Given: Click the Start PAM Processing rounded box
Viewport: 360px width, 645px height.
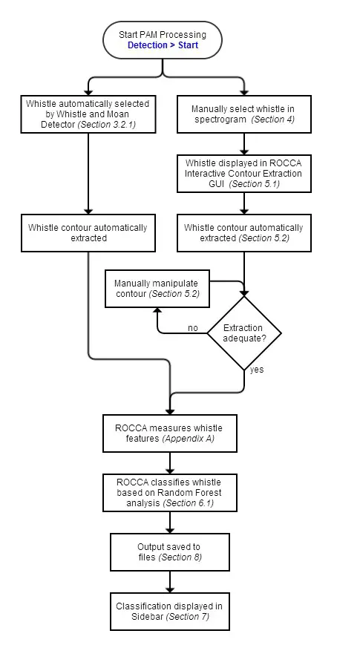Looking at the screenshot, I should pyautogui.click(x=163, y=40).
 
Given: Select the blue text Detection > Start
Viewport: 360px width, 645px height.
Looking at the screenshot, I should pyautogui.click(x=163, y=46).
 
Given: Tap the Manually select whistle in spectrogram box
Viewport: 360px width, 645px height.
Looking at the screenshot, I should pyautogui.click(x=244, y=114).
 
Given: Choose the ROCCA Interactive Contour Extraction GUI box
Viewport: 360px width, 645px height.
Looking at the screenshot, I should pyautogui.click(x=244, y=172).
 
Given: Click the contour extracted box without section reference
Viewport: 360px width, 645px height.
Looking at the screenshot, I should pyautogui.click(x=88, y=232).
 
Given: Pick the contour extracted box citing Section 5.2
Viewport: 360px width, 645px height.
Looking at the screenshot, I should pyautogui.click(x=244, y=232).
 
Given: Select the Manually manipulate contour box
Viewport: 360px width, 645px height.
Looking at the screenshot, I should pyautogui.click(x=157, y=289).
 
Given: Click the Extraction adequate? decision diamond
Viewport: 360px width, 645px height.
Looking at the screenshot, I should pyautogui.click(x=244, y=333).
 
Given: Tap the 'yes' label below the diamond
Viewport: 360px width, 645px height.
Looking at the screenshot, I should pyautogui.click(x=257, y=368).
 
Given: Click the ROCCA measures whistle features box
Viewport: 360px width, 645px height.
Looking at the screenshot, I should pyautogui.click(x=169, y=433).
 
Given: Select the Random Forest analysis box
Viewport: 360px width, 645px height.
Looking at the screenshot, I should pyautogui.click(x=169, y=492).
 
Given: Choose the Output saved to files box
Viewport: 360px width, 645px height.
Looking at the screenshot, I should pyautogui.click(x=169, y=551).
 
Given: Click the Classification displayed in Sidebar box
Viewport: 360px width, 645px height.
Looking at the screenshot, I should pyautogui.click(x=169, y=611).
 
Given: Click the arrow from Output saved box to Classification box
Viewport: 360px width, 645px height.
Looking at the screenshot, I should pyautogui.click(x=170, y=581).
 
